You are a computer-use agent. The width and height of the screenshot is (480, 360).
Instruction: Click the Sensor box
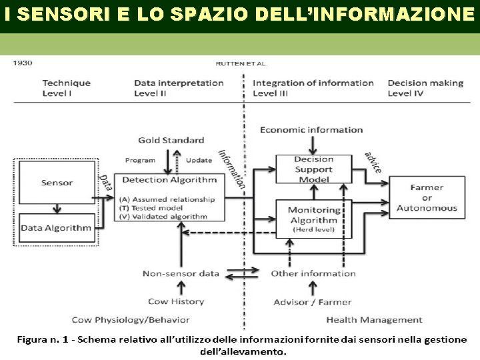[x=57, y=183]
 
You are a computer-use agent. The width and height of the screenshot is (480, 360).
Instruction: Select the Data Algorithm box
[x=56, y=228]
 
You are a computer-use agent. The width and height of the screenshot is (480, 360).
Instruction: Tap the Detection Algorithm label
[x=169, y=179]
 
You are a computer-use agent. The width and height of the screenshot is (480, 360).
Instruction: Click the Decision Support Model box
[x=313, y=169]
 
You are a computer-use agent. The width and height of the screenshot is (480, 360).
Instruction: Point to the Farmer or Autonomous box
[x=427, y=197]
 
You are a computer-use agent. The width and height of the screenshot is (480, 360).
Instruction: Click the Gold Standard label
[x=171, y=140]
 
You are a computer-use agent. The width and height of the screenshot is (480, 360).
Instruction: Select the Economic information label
[x=311, y=129]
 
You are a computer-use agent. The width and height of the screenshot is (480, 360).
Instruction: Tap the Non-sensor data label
[x=181, y=273]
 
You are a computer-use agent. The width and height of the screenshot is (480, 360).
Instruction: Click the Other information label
[x=313, y=273]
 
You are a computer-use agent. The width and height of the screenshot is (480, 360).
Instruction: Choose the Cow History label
[x=176, y=301]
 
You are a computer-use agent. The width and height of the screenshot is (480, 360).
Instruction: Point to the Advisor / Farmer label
[x=312, y=302]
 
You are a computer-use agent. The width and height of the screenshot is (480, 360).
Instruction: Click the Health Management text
[x=374, y=320]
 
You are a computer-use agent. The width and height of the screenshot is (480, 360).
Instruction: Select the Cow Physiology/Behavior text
[x=131, y=320]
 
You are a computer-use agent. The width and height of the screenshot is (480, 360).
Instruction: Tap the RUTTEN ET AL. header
[x=241, y=64]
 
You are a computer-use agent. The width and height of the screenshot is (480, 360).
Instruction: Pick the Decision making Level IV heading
[x=425, y=88]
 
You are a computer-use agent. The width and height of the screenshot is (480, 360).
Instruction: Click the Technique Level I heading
[x=66, y=88]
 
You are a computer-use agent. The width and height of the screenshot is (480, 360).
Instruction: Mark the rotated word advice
[x=373, y=162]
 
